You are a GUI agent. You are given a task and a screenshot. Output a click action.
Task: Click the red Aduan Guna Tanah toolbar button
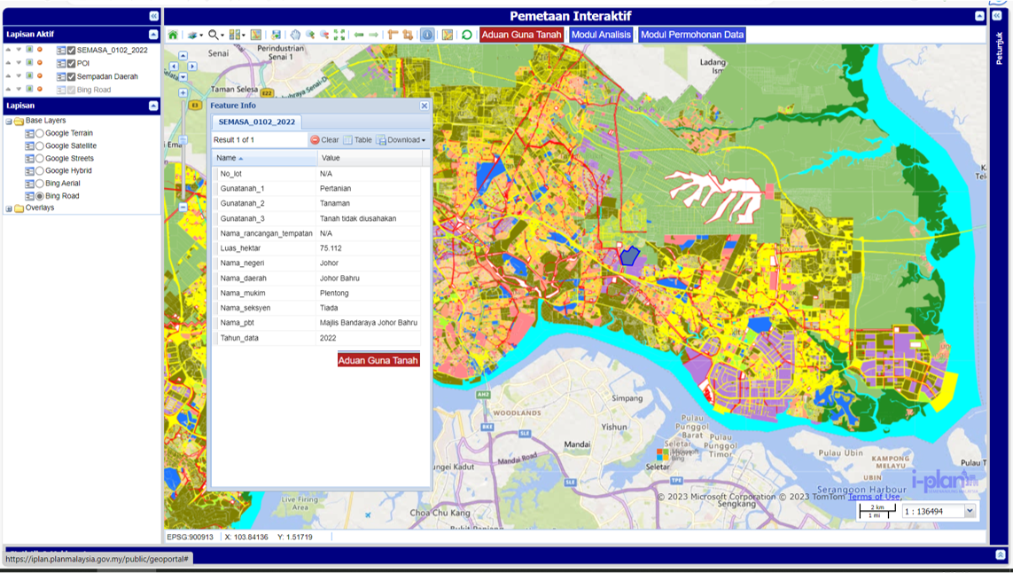[x=521, y=35]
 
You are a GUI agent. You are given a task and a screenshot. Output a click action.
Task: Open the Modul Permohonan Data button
[x=692, y=35]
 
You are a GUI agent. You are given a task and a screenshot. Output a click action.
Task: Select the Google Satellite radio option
[x=40, y=145]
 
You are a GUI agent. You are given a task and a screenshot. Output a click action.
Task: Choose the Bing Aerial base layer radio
[x=40, y=184]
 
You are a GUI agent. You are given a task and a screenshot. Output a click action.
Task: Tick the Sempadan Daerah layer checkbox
[x=72, y=76]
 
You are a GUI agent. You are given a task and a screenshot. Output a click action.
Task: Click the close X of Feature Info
[x=424, y=106]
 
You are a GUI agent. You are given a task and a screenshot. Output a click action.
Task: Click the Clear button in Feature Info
[x=324, y=140]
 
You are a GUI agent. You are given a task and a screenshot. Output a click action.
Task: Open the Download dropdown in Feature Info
[x=401, y=140]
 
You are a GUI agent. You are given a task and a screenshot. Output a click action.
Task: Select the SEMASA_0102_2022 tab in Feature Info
[x=256, y=122]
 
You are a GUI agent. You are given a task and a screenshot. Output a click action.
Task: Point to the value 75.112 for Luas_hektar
[x=331, y=248]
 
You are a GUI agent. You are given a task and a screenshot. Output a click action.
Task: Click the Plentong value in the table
[x=334, y=293]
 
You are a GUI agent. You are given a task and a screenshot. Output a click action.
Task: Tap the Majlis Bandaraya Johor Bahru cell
[x=368, y=323]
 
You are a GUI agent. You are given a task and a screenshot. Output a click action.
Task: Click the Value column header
[x=331, y=158]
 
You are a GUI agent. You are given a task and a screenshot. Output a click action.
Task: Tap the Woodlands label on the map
[x=517, y=413]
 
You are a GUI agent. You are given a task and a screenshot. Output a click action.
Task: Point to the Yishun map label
[x=614, y=427]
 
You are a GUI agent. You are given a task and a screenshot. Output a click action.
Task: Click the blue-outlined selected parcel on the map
[x=629, y=256]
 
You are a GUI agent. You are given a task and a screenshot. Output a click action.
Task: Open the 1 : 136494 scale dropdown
[x=970, y=511]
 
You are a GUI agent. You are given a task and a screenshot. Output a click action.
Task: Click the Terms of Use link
[x=874, y=497]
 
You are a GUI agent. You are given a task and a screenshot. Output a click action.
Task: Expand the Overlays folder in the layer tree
[x=9, y=208]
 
